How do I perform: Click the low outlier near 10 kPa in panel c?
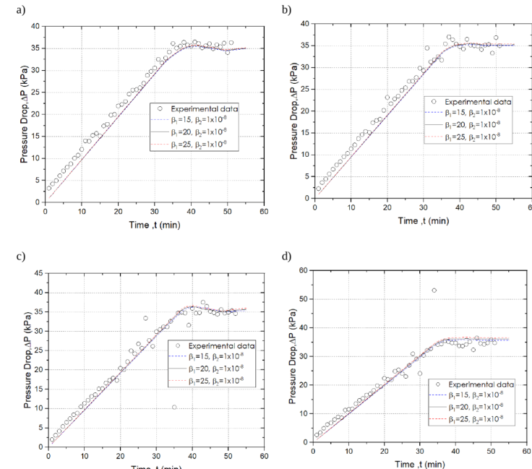click(174, 407)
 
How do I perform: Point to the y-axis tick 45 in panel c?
click(38, 273)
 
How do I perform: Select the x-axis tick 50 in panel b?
click(495, 208)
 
